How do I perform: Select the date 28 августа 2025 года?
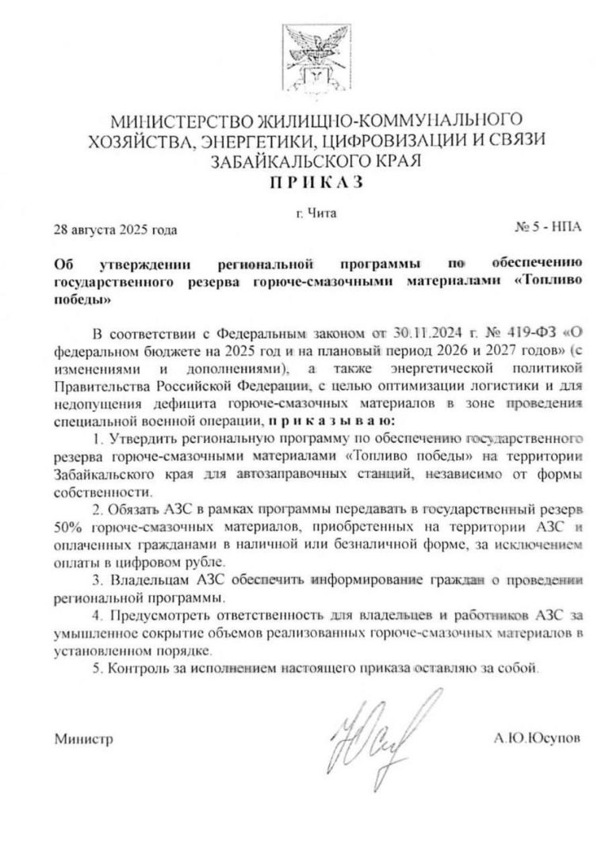(x=115, y=231)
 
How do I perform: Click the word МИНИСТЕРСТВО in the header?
(x=179, y=122)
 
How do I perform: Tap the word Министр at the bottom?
(x=83, y=739)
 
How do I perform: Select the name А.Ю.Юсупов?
(x=536, y=738)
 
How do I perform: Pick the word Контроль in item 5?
(x=143, y=670)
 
